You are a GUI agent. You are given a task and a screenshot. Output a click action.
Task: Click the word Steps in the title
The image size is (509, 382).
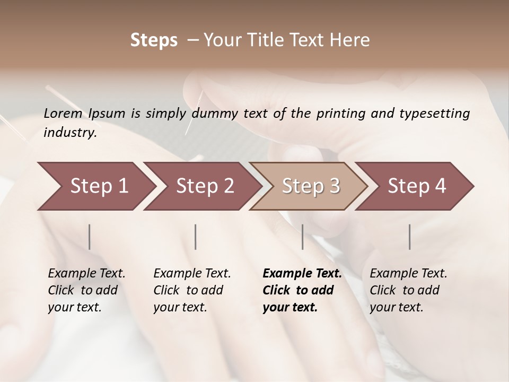click(x=154, y=40)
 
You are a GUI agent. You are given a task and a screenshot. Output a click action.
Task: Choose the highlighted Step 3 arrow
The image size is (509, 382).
click(x=310, y=186)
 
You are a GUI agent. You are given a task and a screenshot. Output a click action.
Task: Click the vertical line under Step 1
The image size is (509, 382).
click(x=90, y=237)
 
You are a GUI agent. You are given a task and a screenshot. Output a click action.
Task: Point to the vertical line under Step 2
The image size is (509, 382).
click(x=196, y=237)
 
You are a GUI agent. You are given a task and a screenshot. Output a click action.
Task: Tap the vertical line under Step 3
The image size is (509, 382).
click(x=302, y=237)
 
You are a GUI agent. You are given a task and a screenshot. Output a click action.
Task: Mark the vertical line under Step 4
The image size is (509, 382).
click(x=409, y=237)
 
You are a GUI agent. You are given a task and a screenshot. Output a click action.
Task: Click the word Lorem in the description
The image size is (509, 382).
click(x=63, y=113)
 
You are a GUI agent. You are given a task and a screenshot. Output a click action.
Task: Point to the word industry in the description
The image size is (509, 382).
click(x=69, y=133)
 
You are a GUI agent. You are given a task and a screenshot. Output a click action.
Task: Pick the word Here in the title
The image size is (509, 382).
click(x=353, y=40)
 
